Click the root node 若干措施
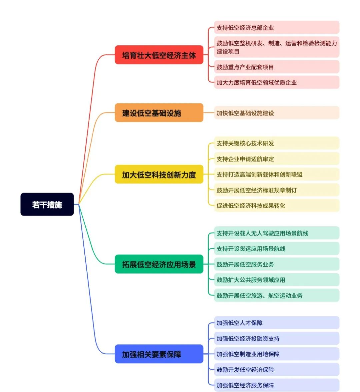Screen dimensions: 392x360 [47, 205]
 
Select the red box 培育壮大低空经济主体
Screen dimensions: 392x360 [159, 55]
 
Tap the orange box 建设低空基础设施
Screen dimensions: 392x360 [159, 113]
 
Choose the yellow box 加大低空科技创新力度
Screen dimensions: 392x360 [159, 174]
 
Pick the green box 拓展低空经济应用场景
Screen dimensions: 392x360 [159, 264]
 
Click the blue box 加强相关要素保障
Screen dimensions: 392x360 [159, 354]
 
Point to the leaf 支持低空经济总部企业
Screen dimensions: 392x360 [276, 28]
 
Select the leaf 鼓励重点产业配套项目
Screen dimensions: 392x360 [276, 67]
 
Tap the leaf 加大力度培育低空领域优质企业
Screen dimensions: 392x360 [276, 82]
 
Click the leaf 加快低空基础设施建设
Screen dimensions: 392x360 [276, 113]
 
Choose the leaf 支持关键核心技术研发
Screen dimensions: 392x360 [276, 143]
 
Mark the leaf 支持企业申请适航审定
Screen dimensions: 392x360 [276, 159]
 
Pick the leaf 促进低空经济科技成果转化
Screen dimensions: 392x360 [276, 206]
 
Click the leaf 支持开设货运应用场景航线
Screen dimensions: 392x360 [276, 249]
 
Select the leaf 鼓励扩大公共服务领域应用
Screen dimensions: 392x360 [276, 280]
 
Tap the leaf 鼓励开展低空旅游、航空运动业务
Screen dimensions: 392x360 [276, 296]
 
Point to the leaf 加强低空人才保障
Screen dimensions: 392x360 [276, 323]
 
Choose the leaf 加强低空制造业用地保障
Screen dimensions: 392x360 [276, 354]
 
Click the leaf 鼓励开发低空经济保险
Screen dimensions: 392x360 [276, 370]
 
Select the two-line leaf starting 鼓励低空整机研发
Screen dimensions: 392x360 [276, 47]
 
